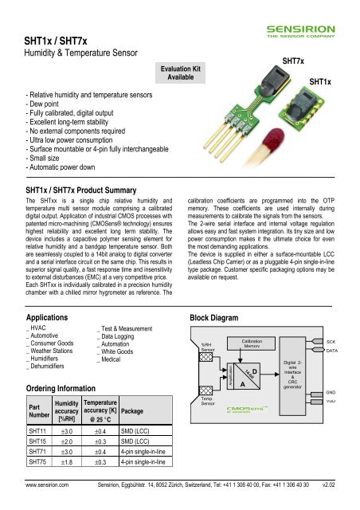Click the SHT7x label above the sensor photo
296,61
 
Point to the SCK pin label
332,340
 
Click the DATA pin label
333,351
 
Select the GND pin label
332,392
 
